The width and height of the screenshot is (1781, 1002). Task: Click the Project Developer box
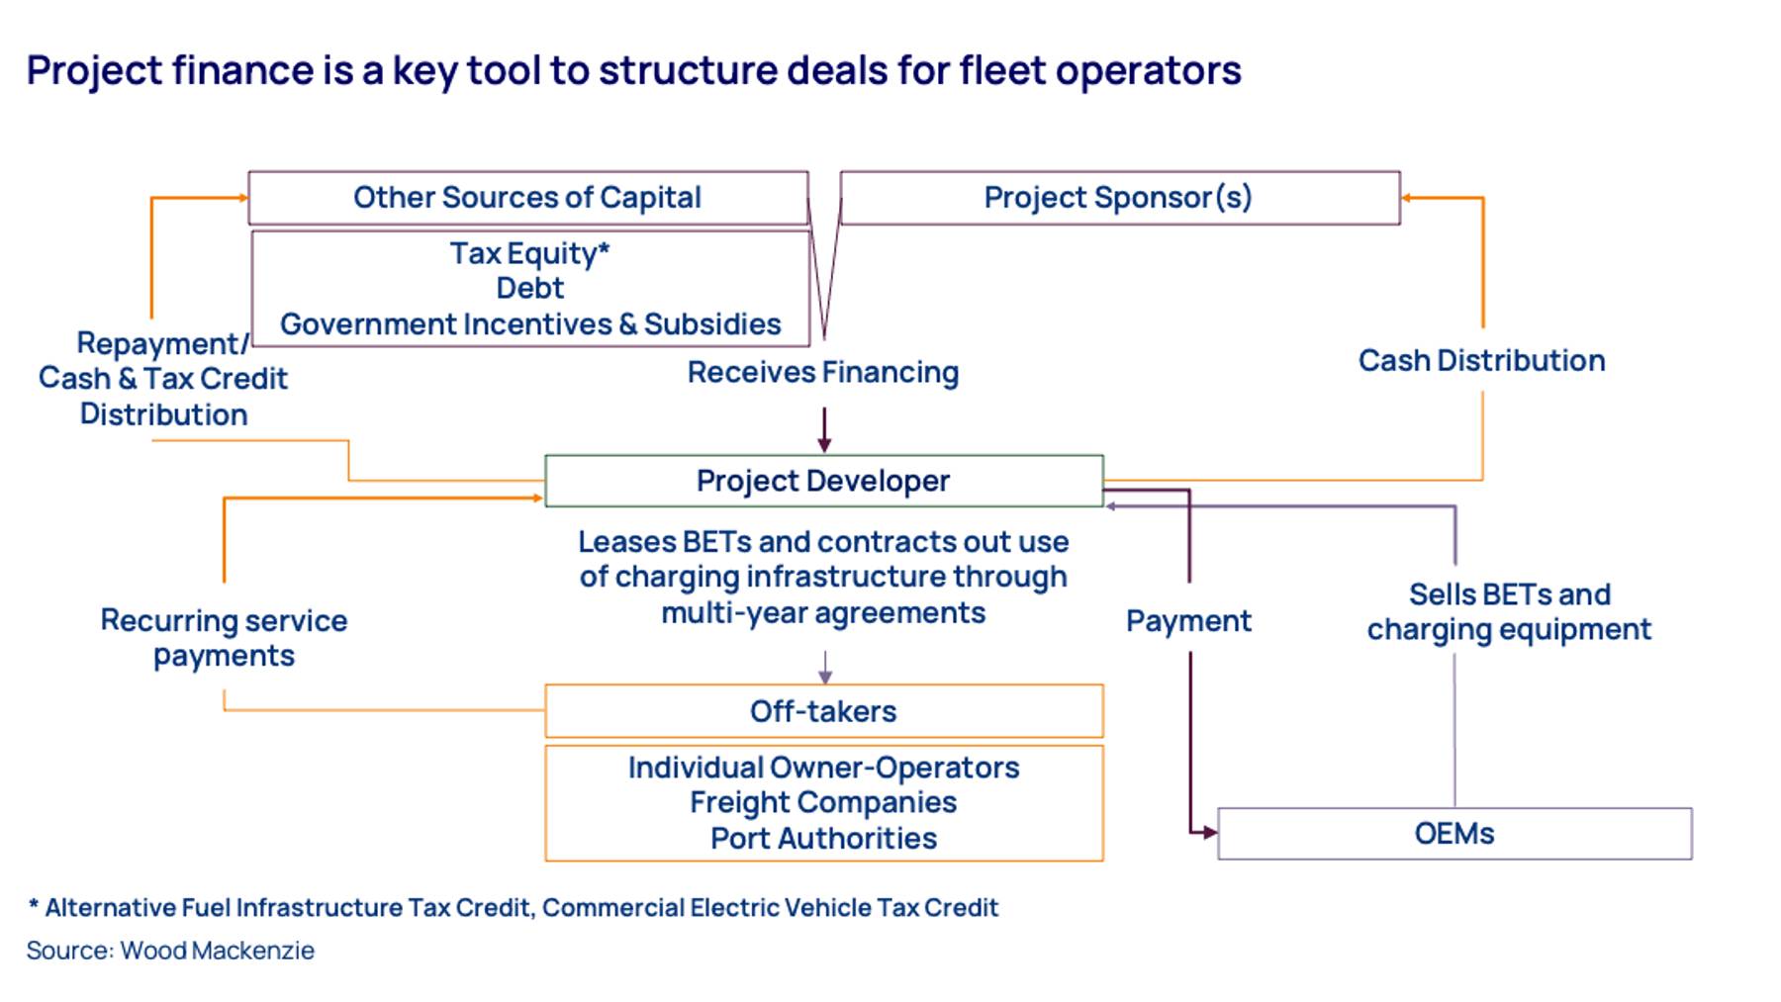[823, 481]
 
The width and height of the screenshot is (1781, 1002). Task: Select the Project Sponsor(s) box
[1120, 198]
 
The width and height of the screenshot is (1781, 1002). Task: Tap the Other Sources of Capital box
[528, 198]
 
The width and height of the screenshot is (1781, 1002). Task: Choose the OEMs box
[1454, 834]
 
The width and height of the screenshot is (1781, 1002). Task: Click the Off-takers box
[823, 711]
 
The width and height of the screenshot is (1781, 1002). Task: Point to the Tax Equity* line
[530, 254]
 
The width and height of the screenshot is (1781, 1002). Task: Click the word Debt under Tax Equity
[530, 288]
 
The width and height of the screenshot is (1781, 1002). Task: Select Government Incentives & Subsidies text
[530, 324]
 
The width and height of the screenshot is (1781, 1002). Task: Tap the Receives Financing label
[823, 373]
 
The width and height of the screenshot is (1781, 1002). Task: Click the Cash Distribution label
[1481, 361]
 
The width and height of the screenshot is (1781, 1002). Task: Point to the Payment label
[1188, 621]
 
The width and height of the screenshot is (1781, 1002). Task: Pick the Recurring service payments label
[224, 638]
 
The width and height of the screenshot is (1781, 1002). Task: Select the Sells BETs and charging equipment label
[1509, 612]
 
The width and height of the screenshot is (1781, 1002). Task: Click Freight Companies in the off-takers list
[823, 802]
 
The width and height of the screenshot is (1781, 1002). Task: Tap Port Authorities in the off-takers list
[823, 839]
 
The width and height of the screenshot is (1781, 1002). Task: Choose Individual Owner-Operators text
[823, 768]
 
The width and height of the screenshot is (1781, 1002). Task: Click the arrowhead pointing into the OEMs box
[1210, 833]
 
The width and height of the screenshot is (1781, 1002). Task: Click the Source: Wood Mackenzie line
[170, 951]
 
